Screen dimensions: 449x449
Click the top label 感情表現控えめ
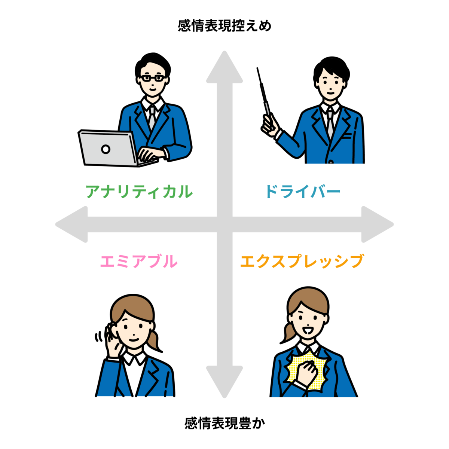(x=224, y=26)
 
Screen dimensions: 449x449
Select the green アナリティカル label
(x=139, y=192)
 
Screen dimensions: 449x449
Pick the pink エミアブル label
(x=138, y=261)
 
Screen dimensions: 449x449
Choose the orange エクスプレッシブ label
(x=302, y=261)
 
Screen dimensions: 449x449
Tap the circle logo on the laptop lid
(x=106, y=149)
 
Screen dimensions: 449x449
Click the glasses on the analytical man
(x=152, y=78)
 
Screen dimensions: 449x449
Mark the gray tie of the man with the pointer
(x=330, y=123)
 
